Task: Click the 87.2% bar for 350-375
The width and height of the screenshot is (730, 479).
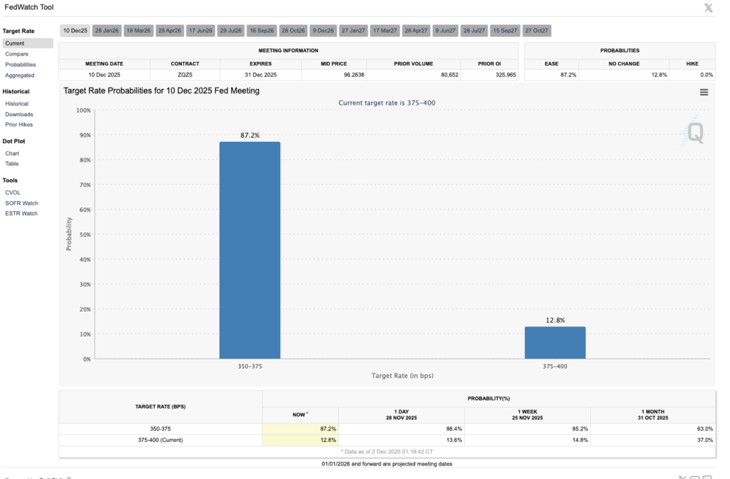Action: [250, 249]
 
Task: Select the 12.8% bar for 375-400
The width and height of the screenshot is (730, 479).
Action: [555, 343]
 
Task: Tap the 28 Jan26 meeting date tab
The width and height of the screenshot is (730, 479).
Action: [107, 31]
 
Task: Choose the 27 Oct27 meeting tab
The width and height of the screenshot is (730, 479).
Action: [537, 31]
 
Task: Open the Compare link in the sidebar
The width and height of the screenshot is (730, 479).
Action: [17, 53]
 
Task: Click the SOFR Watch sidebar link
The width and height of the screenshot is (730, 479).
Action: [21, 203]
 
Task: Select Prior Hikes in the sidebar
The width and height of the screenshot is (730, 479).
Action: [19, 125]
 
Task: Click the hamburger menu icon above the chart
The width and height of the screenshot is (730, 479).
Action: [704, 92]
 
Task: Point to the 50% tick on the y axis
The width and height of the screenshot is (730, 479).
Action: [83, 235]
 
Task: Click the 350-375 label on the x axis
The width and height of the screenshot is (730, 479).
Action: [250, 366]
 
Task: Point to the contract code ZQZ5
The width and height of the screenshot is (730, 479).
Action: [185, 75]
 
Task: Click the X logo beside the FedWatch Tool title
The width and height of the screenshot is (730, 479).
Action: [708, 8]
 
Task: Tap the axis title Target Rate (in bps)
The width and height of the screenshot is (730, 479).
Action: [402, 376]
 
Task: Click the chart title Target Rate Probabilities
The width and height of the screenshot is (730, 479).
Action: [161, 91]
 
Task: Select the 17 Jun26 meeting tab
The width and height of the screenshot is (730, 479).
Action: [200, 31]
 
